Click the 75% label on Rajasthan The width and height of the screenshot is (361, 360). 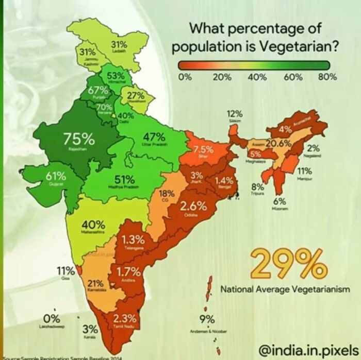click(79, 139)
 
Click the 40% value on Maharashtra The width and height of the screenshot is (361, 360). click(93, 225)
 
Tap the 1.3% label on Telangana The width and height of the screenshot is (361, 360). click(133, 239)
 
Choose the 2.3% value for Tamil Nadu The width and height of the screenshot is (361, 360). click(124, 318)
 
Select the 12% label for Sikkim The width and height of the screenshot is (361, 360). click(235, 113)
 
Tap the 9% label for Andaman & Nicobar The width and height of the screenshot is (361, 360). click(207, 320)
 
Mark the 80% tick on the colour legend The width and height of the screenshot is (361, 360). click(327, 77)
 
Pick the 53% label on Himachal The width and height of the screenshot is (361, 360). click(116, 76)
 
